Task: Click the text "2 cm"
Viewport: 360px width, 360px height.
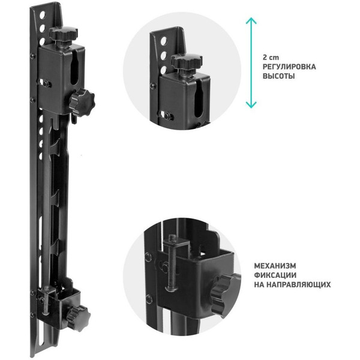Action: click(x=271, y=58)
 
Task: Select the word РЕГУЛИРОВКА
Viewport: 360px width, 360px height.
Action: click(x=289, y=67)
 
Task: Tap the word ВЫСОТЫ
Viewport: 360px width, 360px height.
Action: click(x=279, y=76)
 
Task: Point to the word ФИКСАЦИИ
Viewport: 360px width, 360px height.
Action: click(x=275, y=275)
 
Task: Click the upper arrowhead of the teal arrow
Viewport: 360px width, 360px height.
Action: click(x=251, y=20)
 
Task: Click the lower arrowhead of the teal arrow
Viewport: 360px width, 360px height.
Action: click(x=251, y=104)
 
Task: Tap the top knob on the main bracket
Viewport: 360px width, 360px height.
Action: click(x=64, y=34)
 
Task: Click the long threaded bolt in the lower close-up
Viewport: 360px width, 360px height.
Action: click(x=172, y=262)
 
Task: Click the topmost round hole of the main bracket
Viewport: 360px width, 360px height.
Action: click(x=42, y=16)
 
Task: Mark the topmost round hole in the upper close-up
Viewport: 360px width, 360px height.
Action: click(x=164, y=41)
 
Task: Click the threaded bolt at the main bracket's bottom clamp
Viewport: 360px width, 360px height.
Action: click(x=47, y=301)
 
